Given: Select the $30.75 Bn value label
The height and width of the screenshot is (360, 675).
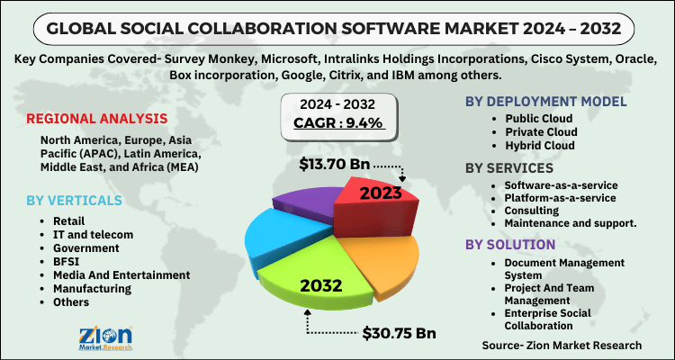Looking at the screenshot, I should click(400, 333).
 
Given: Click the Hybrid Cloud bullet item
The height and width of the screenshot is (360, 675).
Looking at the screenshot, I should click(541, 145).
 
